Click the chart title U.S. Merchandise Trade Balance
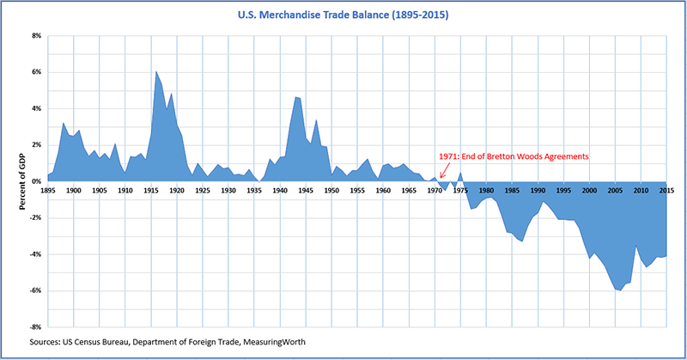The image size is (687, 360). click(343, 15)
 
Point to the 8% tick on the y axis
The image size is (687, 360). click(36, 36)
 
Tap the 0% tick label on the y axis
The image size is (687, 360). click(36, 181)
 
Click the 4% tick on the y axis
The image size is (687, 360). click(36, 108)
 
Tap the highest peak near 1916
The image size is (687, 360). click(155, 72)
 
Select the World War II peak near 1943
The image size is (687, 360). click(295, 98)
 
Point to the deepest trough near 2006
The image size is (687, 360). click(619, 290)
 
